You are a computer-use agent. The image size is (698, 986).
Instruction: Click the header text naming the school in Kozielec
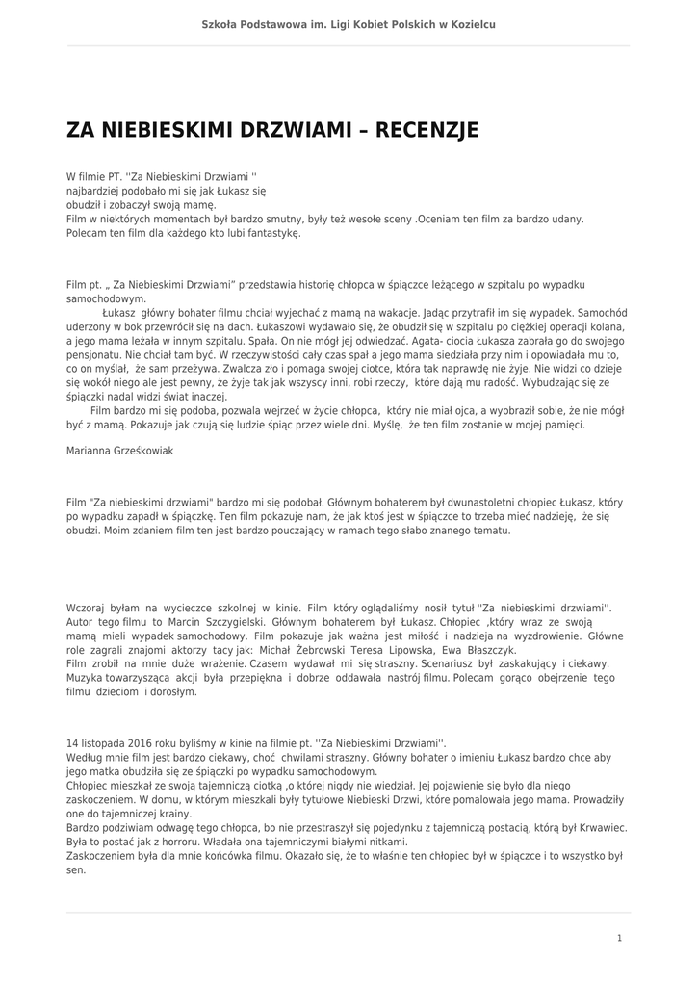pos(349,24)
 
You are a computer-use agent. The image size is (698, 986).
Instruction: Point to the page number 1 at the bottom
pos(619,937)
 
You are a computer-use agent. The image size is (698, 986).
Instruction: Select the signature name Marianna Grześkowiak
pos(120,450)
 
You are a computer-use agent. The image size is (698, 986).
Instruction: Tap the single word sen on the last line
pos(76,869)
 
